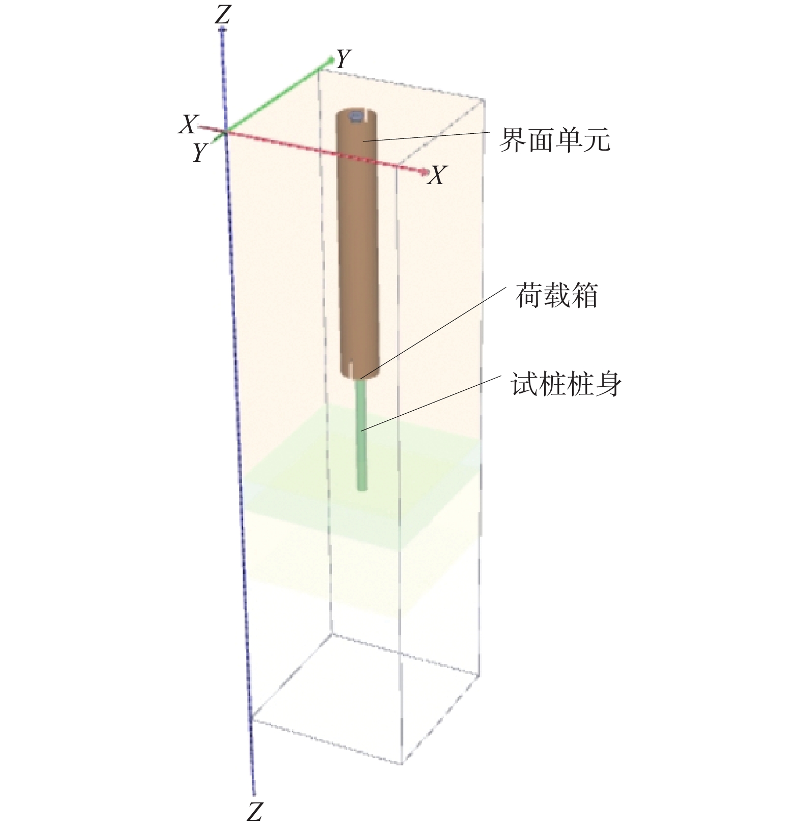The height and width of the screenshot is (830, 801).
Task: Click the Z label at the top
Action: coord(223,15)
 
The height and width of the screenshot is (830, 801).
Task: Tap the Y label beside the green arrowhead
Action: coord(344,59)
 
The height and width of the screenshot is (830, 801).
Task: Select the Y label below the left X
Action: coord(200,152)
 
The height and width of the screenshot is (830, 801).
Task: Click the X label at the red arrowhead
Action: coord(436,176)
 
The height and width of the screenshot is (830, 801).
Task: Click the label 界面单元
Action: coord(554,139)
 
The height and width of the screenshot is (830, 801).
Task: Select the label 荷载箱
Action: coord(556,296)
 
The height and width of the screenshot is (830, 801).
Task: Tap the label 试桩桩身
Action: coord(566,385)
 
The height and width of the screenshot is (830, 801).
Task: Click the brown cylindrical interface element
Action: coord(358,244)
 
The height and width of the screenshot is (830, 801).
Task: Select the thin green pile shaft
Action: coord(362,435)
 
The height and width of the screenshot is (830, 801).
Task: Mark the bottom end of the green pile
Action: coord(362,489)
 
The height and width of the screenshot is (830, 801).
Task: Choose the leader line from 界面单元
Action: coord(426,136)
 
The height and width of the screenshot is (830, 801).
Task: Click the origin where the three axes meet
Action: coord(224,132)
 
